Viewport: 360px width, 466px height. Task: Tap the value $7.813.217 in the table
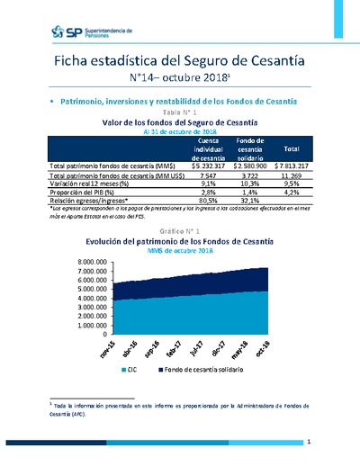[292, 166]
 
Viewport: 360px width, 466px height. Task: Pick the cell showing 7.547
[212, 176]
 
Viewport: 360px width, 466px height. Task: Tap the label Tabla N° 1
[181, 111]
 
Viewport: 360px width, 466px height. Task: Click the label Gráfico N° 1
[181, 230]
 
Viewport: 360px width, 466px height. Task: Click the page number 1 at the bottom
[308, 442]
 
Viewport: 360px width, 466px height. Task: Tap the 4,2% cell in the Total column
[292, 193]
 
